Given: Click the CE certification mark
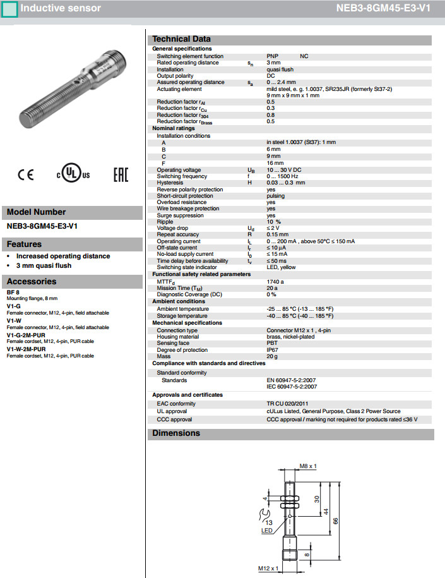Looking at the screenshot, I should (26, 175).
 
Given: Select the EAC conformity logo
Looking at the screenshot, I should (120, 175).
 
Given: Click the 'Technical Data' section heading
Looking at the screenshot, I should (181, 39).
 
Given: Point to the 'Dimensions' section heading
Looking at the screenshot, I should (176, 433).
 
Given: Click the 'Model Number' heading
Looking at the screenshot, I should (36, 212).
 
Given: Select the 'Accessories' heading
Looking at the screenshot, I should (32, 282).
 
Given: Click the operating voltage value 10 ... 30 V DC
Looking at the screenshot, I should (283, 170).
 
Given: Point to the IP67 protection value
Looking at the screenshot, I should (272, 350).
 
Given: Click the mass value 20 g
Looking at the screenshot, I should (272, 356).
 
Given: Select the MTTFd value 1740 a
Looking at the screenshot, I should (275, 281).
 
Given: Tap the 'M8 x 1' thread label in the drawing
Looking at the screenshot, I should (307, 466).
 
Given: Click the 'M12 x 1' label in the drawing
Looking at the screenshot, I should (268, 569).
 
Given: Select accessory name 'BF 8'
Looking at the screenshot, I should (13, 292).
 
